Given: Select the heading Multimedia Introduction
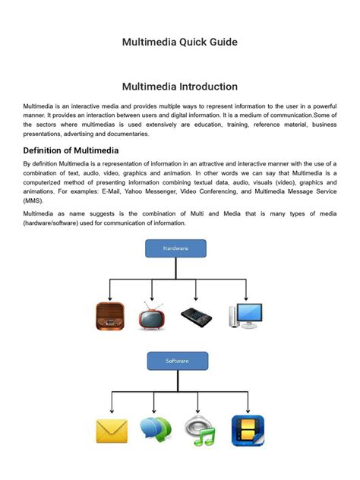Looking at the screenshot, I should [x=180, y=87].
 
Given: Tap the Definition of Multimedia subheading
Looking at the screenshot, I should [x=71, y=150].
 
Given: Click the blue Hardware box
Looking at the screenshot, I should [x=175, y=248].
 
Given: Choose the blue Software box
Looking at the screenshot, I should [x=177, y=361].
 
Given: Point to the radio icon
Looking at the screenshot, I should [x=109, y=316].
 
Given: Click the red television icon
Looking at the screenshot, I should [x=153, y=316].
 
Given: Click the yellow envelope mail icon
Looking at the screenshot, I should [x=111, y=431].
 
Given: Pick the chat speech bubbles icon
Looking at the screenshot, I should [x=156, y=431].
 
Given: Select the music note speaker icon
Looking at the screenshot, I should [x=201, y=431].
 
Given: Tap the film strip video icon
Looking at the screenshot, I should [x=248, y=431].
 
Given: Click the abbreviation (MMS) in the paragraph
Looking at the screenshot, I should [x=33, y=202].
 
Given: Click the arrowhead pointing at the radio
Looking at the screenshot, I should [x=109, y=298].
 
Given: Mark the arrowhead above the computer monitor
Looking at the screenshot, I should [x=245, y=298].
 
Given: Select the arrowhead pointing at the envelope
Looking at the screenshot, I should [x=112, y=412].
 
